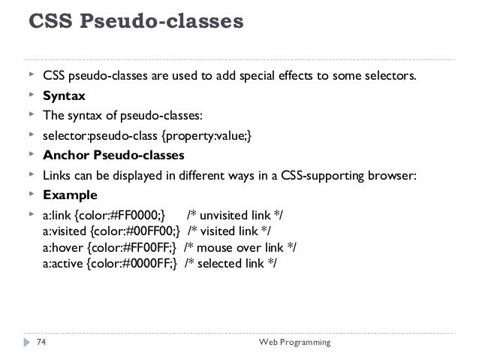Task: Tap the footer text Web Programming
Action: pyautogui.click(x=294, y=343)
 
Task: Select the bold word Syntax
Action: pyautogui.click(x=64, y=96)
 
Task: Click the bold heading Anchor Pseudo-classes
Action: pyautogui.click(x=113, y=156)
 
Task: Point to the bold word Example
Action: pyautogui.click(x=70, y=195)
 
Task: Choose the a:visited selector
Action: pyautogui.click(x=65, y=230)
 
